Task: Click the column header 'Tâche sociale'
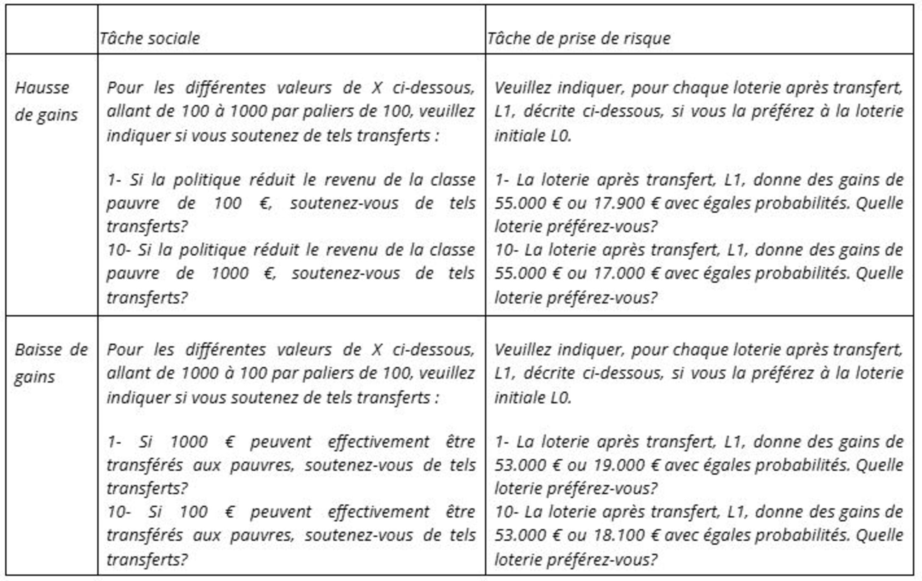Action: tap(150, 39)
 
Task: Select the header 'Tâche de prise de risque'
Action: tap(579, 39)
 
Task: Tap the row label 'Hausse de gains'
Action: tap(46, 101)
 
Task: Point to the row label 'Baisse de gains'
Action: tap(51, 363)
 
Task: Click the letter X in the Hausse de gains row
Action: tap(376, 88)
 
